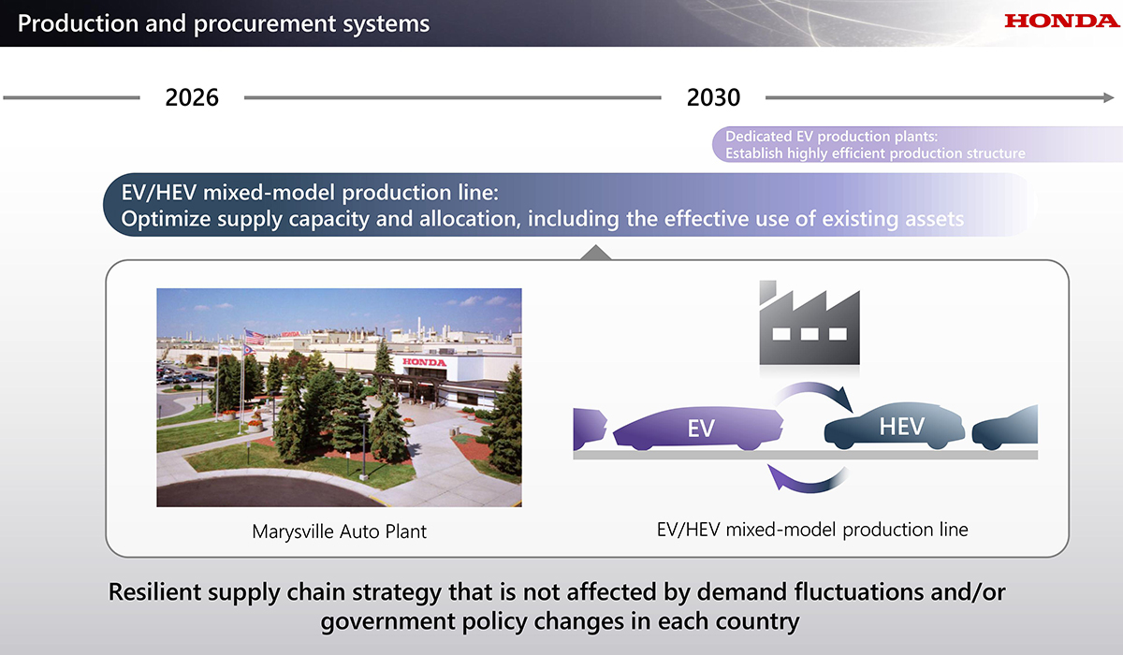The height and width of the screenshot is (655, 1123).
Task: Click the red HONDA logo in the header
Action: pyautogui.click(x=1062, y=21)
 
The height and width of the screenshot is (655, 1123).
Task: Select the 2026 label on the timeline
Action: pyautogui.click(x=192, y=97)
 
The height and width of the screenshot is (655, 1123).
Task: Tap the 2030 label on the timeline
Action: pyautogui.click(x=713, y=97)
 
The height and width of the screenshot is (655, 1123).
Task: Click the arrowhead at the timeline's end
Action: pyautogui.click(x=1109, y=97)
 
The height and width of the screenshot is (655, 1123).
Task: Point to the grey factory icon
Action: pyautogui.click(x=809, y=322)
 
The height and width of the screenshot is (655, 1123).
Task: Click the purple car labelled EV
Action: pyautogui.click(x=698, y=428)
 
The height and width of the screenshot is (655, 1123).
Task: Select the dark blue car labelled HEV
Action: pyautogui.click(x=895, y=426)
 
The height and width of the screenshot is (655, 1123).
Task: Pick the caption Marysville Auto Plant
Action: pyautogui.click(x=339, y=531)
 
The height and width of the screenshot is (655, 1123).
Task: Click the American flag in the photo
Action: pyautogui.click(x=255, y=337)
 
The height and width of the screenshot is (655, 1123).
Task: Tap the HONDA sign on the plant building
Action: pyautogui.click(x=424, y=362)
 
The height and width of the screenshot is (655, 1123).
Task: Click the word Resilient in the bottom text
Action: pyautogui.click(x=154, y=592)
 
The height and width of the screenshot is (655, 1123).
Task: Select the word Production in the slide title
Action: pyautogui.click(x=78, y=23)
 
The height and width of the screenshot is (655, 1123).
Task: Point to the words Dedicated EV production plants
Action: pyautogui.click(x=831, y=137)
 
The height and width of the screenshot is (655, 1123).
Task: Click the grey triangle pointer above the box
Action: pyautogui.click(x=595, y=253)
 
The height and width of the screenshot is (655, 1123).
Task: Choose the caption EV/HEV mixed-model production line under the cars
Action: pyautogui.click(x=812, y=530)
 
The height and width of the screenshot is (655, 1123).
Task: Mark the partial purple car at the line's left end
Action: pyautogui.click(x=590, y=428)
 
